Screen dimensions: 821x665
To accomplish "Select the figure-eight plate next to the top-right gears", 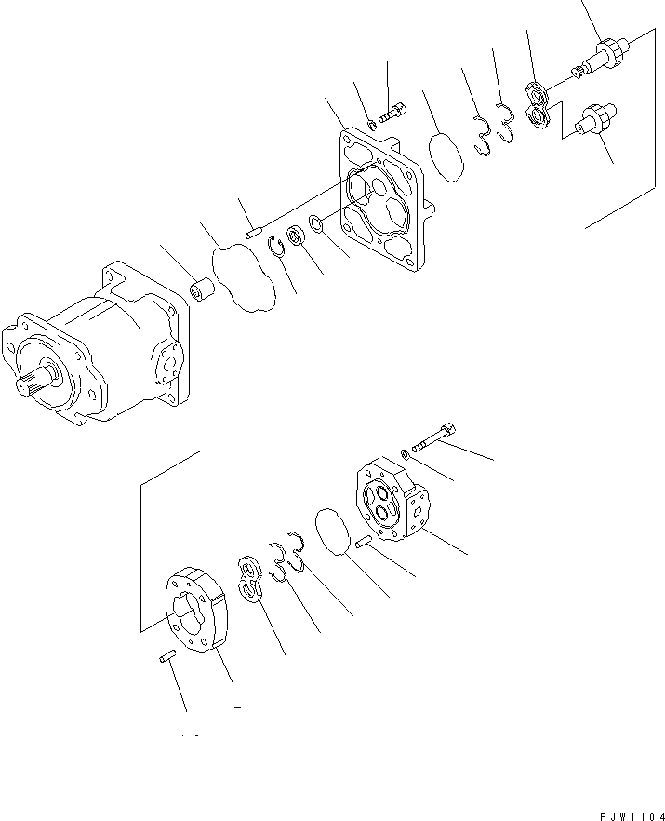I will tap(539, 104).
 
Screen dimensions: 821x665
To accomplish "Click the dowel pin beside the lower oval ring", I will tap(366, 543).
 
